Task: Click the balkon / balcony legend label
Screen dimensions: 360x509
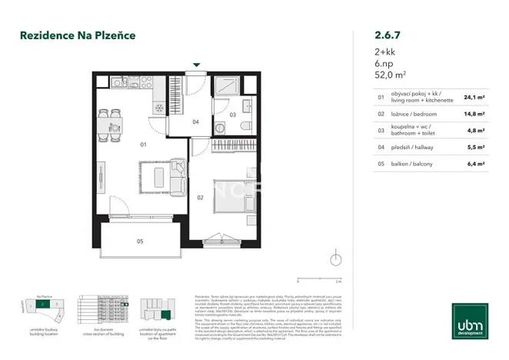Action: point(414,163)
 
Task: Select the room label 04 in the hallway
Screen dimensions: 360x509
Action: point(195,122)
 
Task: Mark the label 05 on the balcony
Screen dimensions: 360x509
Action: point(140,242)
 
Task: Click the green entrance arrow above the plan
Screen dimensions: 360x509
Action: point(197,65)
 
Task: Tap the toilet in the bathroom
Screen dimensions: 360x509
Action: point(246,126)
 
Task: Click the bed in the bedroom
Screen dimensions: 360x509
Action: point(235,198)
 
